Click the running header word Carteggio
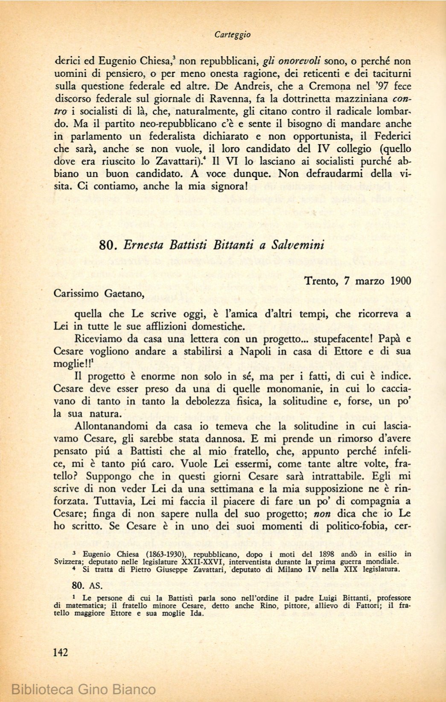pyautogui.click(x=233, y=35)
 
